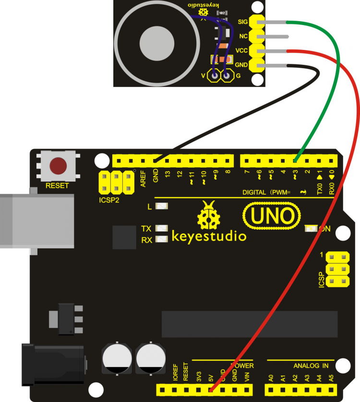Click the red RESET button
pos(58,166)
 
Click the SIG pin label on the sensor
pos(243,22)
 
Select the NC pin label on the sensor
pos(243,36)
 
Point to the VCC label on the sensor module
pos(242,50)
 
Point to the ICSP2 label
pos(108,200)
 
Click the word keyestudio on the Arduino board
pos(209,236)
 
